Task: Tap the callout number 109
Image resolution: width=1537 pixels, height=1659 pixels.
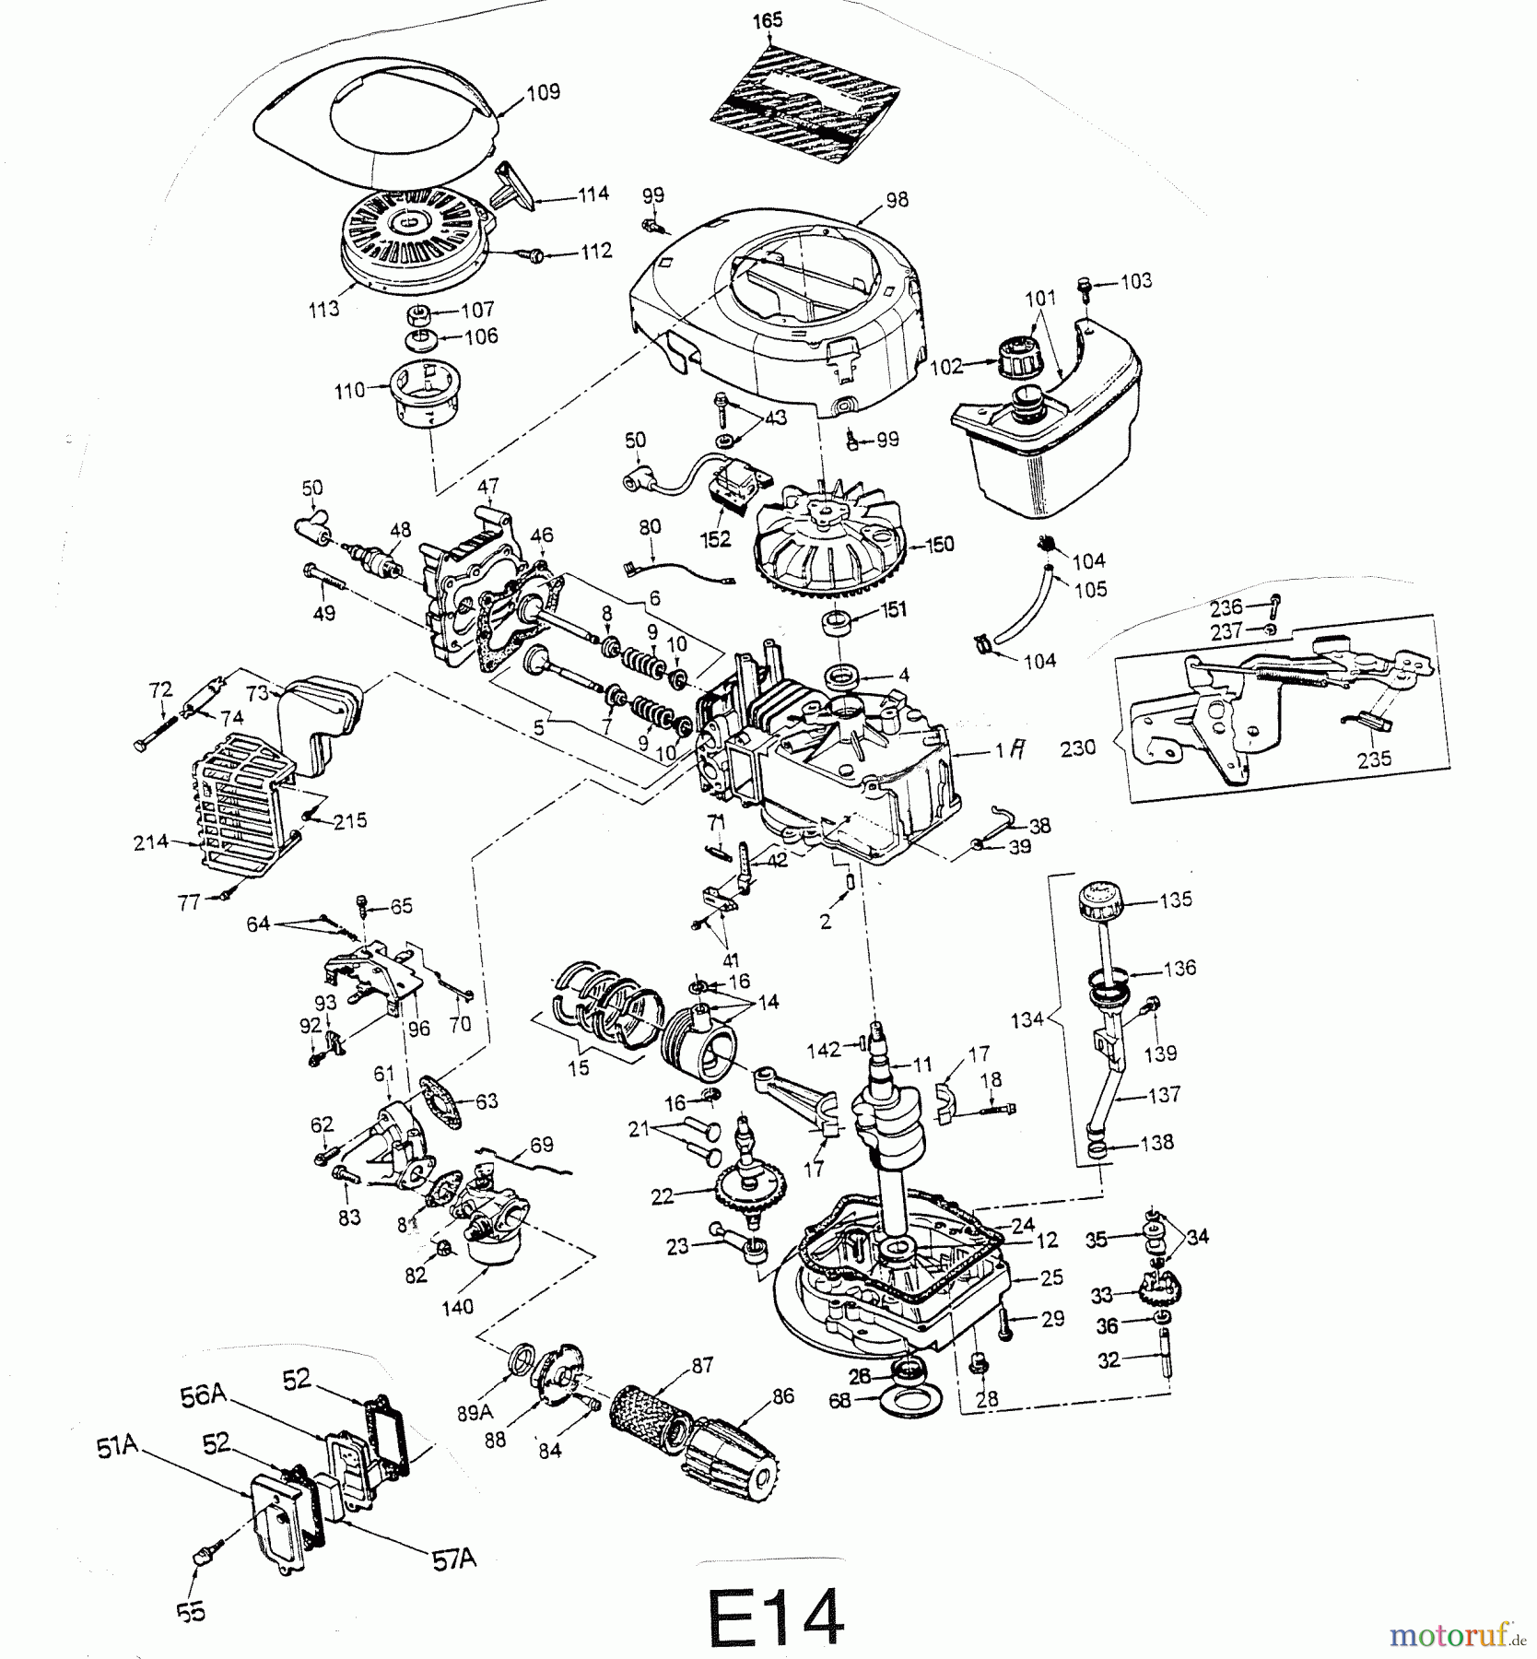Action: [543, 93]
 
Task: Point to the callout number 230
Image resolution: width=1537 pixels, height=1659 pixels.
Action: [1078, 747]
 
